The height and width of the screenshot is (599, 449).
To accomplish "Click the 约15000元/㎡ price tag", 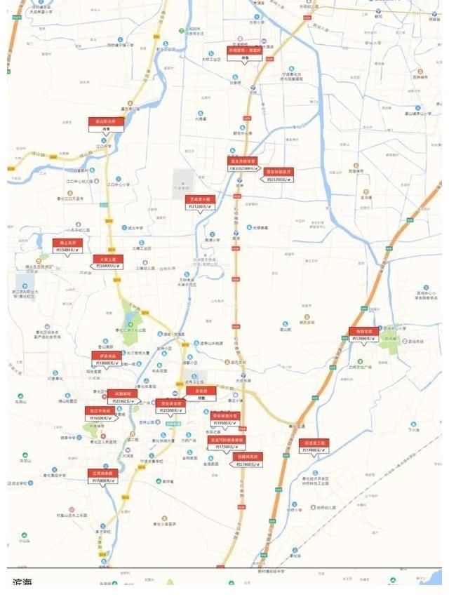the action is click(x=67, y=250).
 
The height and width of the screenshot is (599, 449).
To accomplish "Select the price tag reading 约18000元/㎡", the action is click(x=107, y=363).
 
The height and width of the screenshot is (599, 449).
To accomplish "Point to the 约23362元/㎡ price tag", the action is click(x=121, y=401).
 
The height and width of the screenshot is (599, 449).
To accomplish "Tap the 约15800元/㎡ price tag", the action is click(x=103, y=480).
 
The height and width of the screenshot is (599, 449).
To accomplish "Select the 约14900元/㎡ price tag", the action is click(x=314, y=450).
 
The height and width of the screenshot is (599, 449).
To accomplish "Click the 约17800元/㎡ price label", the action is click(x=248, y=464).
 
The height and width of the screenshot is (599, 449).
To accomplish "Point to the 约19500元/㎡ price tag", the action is click(x=224, y=423).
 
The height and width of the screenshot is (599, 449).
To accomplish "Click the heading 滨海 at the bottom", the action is click(x=23, y=583).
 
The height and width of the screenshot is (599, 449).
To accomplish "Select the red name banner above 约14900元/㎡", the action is click(x=314, y=443).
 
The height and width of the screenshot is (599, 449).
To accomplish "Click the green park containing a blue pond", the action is click(x=130, y=319).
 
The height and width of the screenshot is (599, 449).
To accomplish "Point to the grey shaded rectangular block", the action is click(x=183, y=180).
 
